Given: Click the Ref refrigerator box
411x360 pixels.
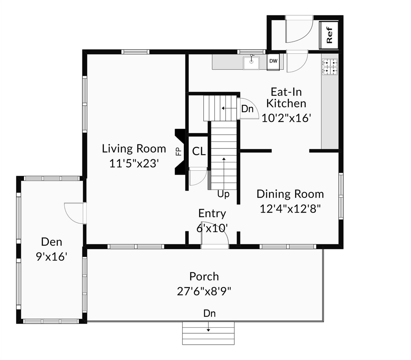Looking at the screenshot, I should (x=329, y=35).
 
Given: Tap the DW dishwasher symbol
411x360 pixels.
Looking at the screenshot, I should (x=273, y=61).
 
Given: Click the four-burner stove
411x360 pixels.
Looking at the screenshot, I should (x=329, y=66).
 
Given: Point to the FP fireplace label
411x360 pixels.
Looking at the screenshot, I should (x=178, y=152).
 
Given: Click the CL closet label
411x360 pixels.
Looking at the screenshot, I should (x=199, y=152).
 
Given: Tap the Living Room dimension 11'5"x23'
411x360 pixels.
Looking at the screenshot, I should (x=134, y=163).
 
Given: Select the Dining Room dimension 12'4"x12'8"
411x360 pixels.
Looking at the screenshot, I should (x=290, y=209).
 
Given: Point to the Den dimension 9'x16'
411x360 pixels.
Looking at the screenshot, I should (x=52, y=256).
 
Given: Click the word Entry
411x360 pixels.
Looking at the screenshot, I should (x=212, y=213).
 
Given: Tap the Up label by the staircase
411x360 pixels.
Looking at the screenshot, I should (x=223, y=194).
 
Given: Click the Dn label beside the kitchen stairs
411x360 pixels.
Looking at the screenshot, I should (x=247, y=109).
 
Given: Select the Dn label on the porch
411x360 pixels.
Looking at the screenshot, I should (x=209, y=313).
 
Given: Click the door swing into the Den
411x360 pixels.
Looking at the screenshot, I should (x=73, y=212).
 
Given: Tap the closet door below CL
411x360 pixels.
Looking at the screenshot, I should (x=197, y=177).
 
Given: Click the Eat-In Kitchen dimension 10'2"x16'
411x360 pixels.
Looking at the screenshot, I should (x=286, y=118).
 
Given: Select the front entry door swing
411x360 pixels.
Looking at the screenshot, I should (x=217, y=233).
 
